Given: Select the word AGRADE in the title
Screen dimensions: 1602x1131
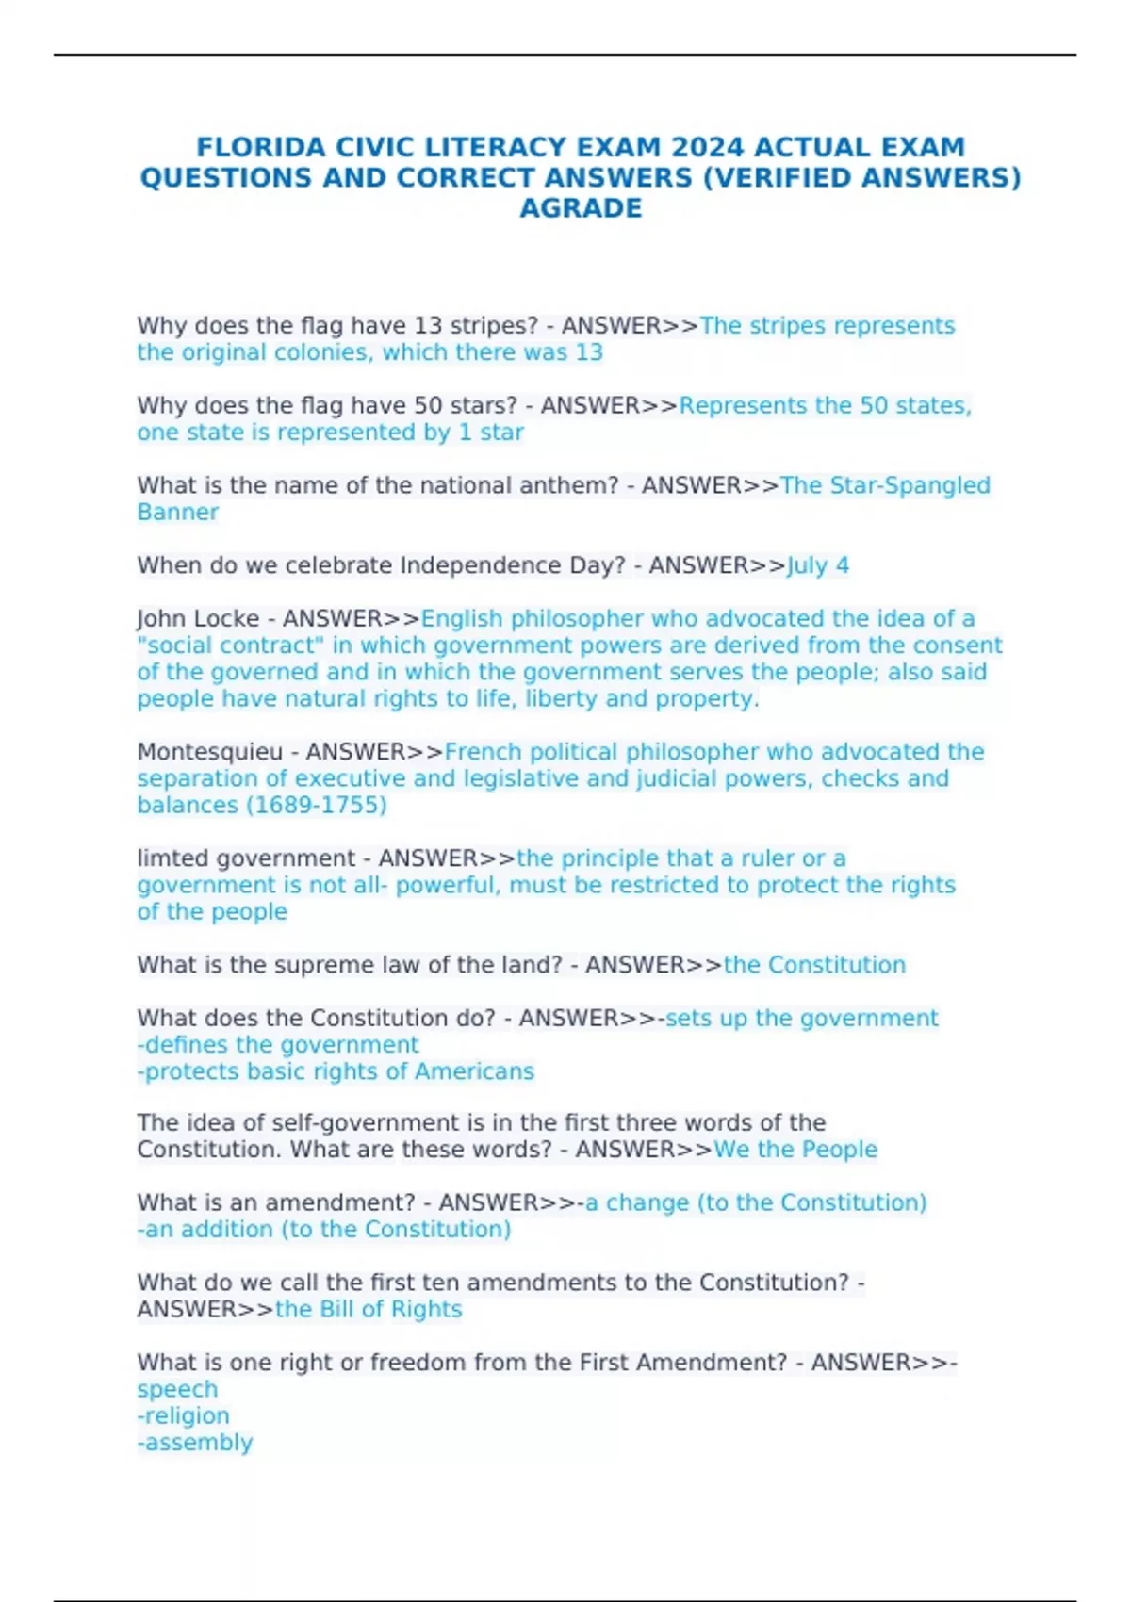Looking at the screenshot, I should point(581,208).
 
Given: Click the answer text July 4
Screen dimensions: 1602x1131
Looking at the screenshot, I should point(818,565).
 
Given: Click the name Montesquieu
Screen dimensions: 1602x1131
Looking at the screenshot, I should point(209,752).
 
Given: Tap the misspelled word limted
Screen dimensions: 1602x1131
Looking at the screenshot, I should point(172,858).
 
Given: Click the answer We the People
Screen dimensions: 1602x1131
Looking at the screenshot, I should point(795,1150).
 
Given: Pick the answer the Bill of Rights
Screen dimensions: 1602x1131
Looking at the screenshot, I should point(369,1310).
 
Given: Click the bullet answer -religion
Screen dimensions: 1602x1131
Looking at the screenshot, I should point(183,1416).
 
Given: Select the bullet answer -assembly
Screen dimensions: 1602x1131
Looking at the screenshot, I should point(195,1443).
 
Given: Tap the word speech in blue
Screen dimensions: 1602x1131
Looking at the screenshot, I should point(177,1390).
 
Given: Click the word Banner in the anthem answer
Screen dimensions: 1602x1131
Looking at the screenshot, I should point(177,513).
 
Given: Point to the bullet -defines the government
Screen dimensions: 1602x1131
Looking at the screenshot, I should point(278,1045).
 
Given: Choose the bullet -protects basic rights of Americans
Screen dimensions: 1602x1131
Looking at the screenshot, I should point(336,1071).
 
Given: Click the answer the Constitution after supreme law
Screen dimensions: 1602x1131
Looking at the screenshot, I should point(814,965).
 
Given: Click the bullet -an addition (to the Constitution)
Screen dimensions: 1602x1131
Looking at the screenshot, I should point(324,1230).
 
